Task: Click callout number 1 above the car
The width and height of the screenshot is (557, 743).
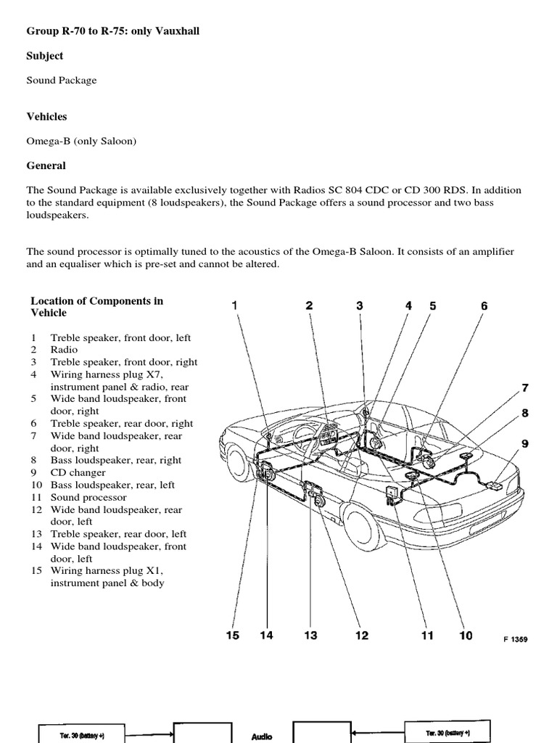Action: (x=234, y=306)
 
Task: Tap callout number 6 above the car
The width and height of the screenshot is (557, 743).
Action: (x=484, y=306)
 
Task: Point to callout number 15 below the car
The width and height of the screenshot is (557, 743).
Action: (x=232, y=636)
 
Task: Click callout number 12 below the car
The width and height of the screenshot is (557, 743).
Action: (x=361, y=636)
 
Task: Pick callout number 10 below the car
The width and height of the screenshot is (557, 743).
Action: (x=466, y=636)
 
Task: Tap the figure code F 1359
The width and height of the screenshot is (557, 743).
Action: (x=516, y=639)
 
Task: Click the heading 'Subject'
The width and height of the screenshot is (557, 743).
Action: (x=45, y=56)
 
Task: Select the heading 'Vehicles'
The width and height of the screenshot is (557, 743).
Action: (x=47, y=116)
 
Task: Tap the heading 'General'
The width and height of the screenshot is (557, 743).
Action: (x=46, y=165)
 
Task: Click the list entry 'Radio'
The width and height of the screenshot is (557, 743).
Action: (x=64, y=350)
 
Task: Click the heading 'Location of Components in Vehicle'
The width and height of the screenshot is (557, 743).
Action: (x=96, y=307)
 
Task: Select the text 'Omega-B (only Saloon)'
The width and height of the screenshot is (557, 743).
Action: (x=81, y=141)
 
